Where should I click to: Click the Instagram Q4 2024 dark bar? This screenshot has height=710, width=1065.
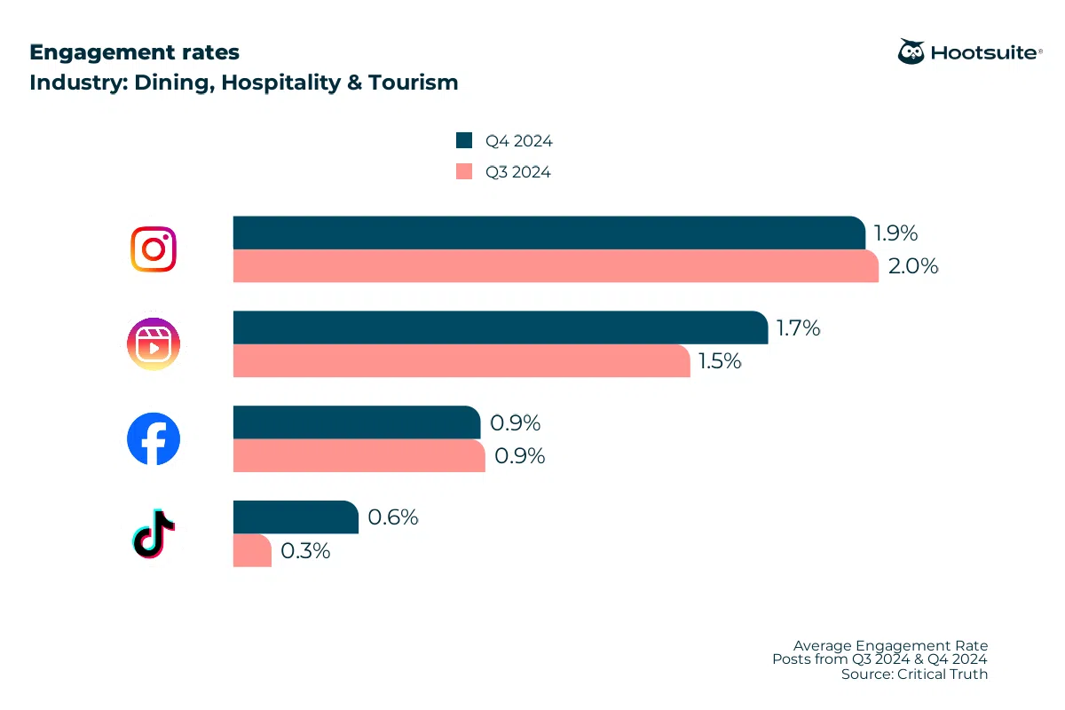point(548,233)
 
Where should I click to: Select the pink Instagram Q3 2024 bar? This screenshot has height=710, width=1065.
point(555,266)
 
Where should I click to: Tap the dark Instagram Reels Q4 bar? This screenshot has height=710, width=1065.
point(500,327)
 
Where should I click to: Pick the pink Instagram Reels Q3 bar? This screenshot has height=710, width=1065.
point(461,361)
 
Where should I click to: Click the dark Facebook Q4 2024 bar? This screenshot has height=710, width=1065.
point(356,422)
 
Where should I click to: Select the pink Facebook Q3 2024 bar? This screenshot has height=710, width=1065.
point(359,455)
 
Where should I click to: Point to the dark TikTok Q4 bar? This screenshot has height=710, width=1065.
point(296,517)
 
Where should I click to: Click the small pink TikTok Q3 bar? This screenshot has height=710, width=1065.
point(252,550)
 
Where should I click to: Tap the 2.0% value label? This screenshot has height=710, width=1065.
point(913,266)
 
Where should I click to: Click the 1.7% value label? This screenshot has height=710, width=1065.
point(798,328)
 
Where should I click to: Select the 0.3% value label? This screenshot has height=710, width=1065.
point(305,551)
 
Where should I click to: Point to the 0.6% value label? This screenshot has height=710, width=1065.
point(393,517)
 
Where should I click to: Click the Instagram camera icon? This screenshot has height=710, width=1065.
point(154,249)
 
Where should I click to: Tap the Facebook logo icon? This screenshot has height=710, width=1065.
point(154,438)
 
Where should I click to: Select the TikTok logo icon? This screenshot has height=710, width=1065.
point(153,534)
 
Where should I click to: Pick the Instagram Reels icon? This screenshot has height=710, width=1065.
point(154,343)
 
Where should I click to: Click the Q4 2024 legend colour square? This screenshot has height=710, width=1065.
point(463,140)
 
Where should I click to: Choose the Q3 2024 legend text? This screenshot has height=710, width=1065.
point(517,172)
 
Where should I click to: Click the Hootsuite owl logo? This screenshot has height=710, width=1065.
point(911,52)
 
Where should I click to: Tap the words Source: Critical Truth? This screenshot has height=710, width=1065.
point(914,674)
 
